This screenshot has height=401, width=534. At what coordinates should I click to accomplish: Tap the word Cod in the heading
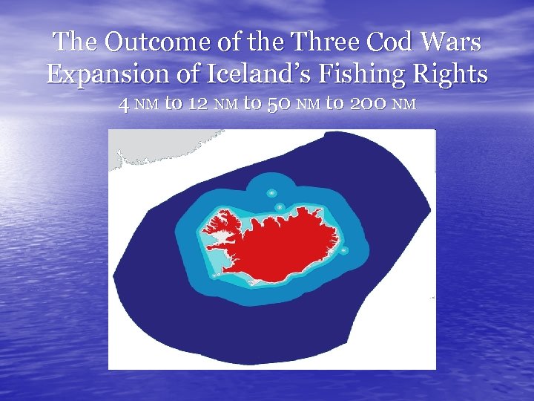(x=375, y=42)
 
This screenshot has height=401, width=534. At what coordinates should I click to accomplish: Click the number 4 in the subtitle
(x=123, y=104)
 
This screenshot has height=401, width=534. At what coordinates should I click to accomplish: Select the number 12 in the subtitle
(x=197, y=104)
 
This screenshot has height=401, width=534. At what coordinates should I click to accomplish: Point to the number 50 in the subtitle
(x=274, y=104)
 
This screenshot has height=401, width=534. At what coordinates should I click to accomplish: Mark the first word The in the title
(x=72, y=42)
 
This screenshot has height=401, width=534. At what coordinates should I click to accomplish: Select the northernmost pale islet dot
(x=271, y=192)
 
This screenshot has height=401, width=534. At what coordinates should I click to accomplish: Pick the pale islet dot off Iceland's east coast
(x=343, y=250)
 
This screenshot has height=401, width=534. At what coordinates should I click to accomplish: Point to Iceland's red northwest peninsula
(x=222, y=223)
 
